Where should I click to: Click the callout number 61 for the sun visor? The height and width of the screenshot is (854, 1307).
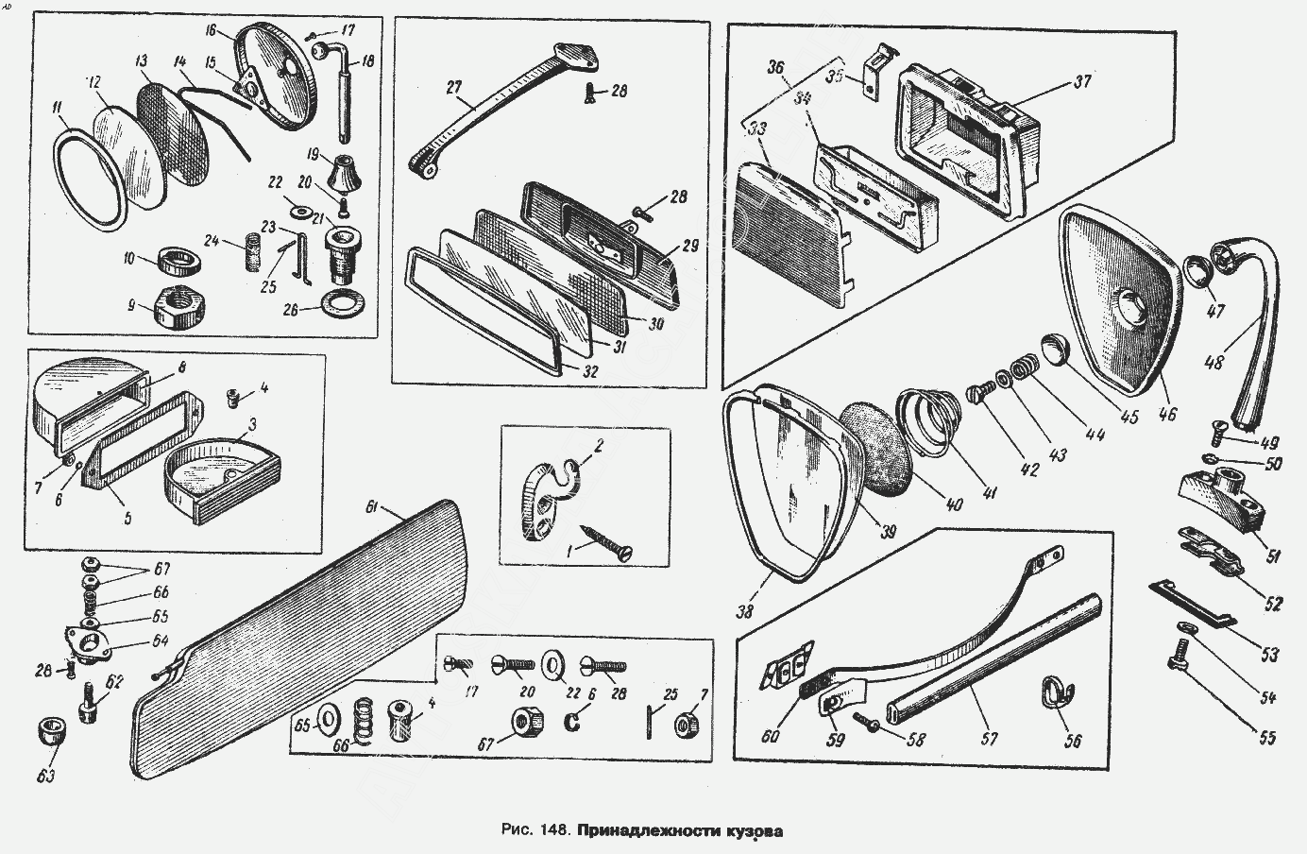pyautogui.click(x=371, y=510)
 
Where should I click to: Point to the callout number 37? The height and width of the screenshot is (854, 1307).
pyautogui.click(x=1081, y=82)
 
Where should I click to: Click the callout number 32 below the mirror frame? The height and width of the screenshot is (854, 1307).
pyautogui.click(x=589, y=371)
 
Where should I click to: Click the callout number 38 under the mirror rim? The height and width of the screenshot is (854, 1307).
pyautogui.click(x=746, y=610)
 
